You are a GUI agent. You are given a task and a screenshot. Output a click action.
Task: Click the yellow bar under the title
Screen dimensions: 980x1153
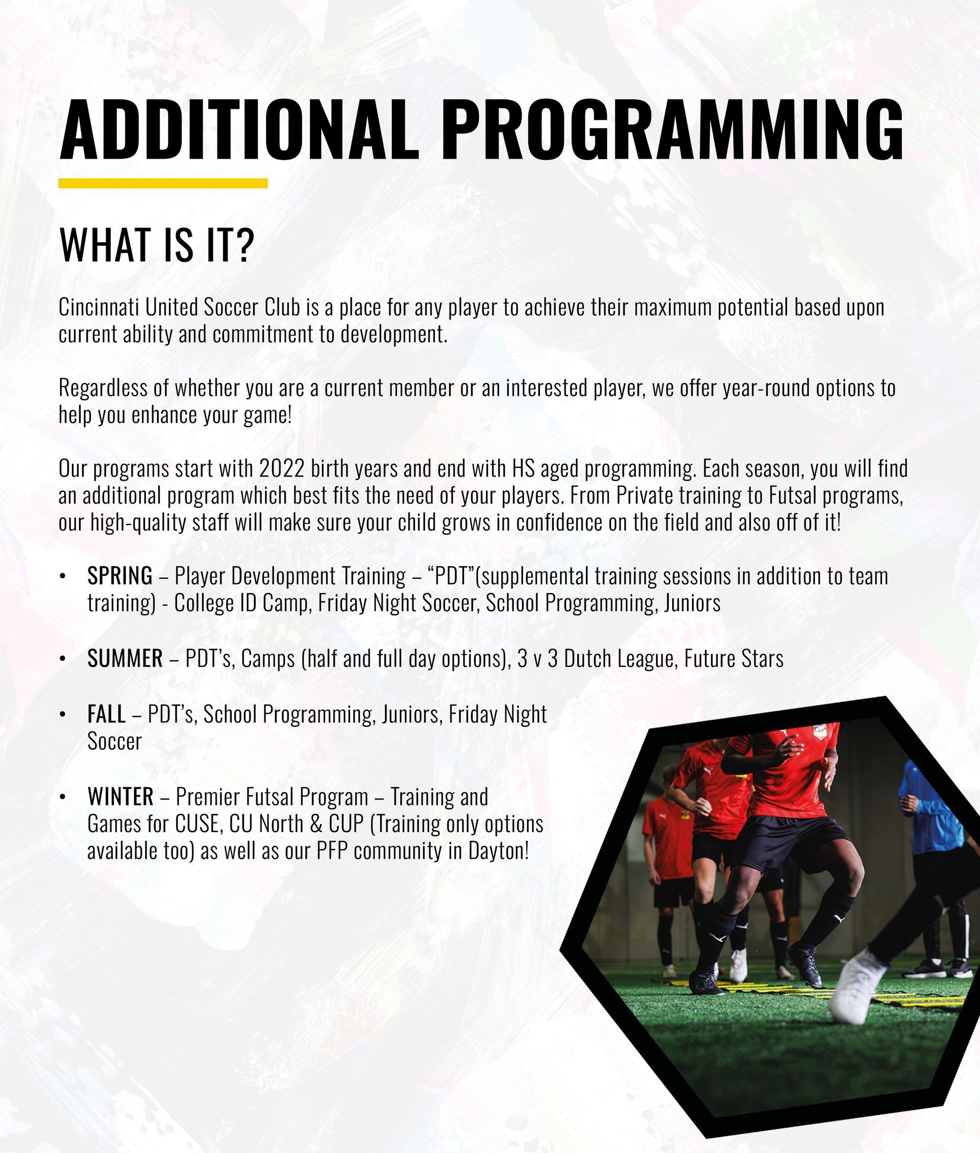[163, 183]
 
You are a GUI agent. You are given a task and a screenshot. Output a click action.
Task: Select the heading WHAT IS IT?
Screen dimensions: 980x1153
[157, 245]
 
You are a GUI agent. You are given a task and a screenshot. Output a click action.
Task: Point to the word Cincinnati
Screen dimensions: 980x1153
[99, 307]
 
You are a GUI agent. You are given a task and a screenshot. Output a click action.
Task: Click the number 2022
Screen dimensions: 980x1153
[282, 469]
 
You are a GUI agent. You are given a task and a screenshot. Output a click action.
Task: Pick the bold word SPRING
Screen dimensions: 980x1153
[120, 576]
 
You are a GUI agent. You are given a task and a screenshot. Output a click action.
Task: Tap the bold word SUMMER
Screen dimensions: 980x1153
[125, 659]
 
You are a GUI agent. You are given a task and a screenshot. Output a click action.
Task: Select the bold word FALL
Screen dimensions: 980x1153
[106, 714]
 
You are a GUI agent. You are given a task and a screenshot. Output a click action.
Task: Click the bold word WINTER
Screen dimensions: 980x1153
[120, 797]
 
